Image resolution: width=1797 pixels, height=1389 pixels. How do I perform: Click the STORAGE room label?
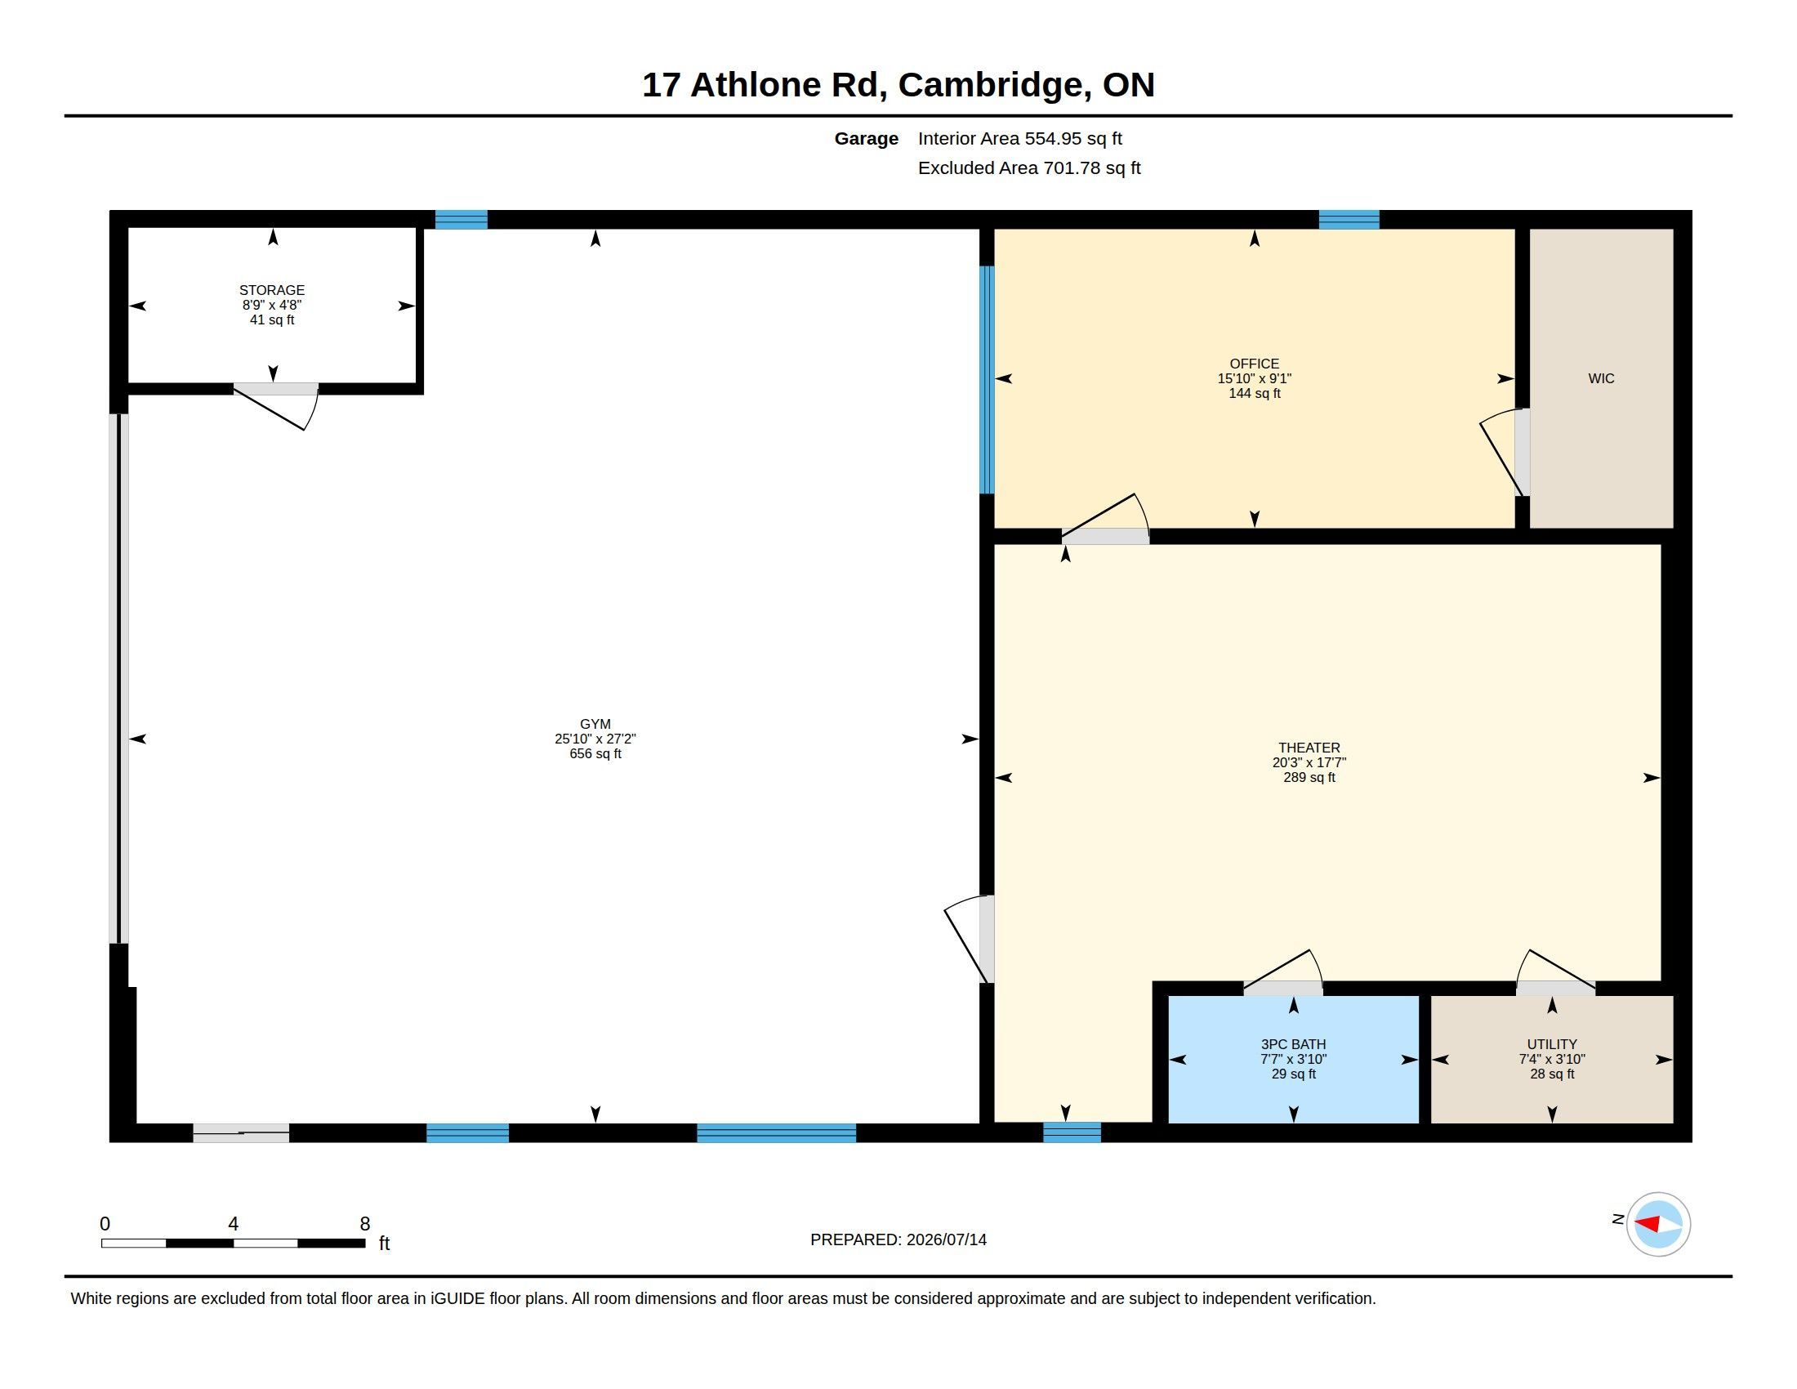point(271,291)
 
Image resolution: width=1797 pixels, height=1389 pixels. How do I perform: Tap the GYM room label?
point(595,725)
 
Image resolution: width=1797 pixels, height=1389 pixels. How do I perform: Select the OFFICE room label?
point(1254,364)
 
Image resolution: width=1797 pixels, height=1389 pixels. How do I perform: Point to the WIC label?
point(1601,378)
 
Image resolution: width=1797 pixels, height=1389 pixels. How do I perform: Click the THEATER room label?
point(1309,748)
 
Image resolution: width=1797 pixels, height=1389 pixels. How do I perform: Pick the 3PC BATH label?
point(1294,1044)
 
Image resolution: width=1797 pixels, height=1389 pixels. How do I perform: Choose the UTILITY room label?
point(1552,1044)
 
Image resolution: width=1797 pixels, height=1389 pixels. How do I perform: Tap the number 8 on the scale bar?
point(365,1224)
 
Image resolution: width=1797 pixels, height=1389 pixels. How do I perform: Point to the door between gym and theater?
point(970,939)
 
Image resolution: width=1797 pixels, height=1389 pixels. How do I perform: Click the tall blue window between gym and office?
point(987,379)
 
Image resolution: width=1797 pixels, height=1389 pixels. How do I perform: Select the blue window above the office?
point(1349,220)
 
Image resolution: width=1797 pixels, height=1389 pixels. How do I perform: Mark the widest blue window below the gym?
point(776,1133)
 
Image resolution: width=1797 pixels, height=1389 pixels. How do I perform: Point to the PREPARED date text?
point(898,1239)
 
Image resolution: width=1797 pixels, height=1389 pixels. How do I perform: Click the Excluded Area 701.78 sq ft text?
point(1029,167)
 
